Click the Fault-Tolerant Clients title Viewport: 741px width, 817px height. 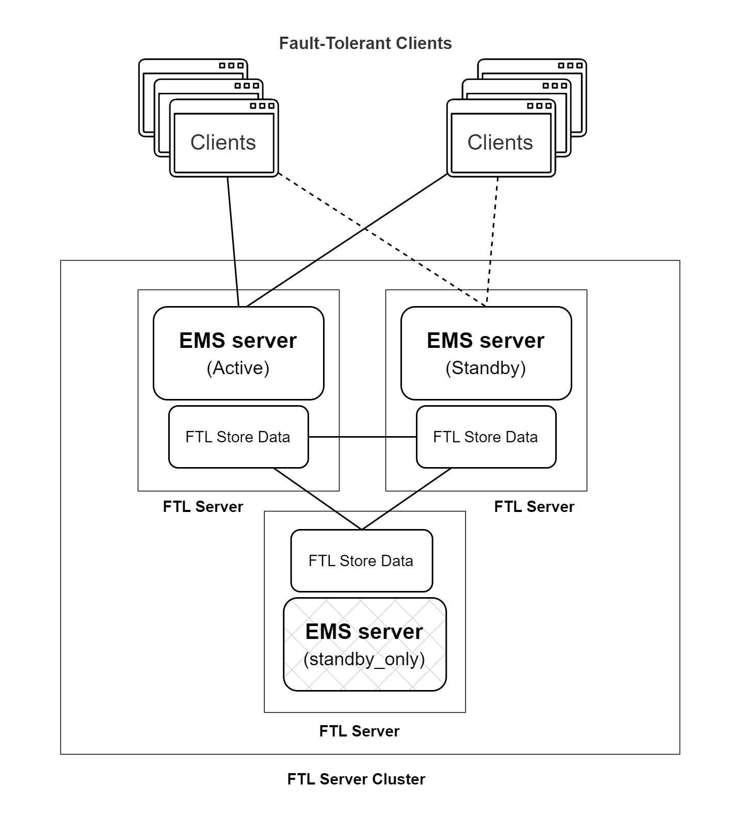point(365,43)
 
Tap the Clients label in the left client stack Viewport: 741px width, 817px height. point(223,142)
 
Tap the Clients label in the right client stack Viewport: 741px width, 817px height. point(500,142)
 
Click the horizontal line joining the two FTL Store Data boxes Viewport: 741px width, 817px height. point(362,437)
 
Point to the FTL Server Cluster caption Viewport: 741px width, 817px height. point(356,779)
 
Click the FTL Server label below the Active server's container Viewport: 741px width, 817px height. point(203,507)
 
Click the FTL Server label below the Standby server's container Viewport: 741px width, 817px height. point(534,507)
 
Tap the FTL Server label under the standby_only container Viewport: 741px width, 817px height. point(359,731)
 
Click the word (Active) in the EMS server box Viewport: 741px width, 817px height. point(238,368)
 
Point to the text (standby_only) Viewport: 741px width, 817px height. point(364,659)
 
